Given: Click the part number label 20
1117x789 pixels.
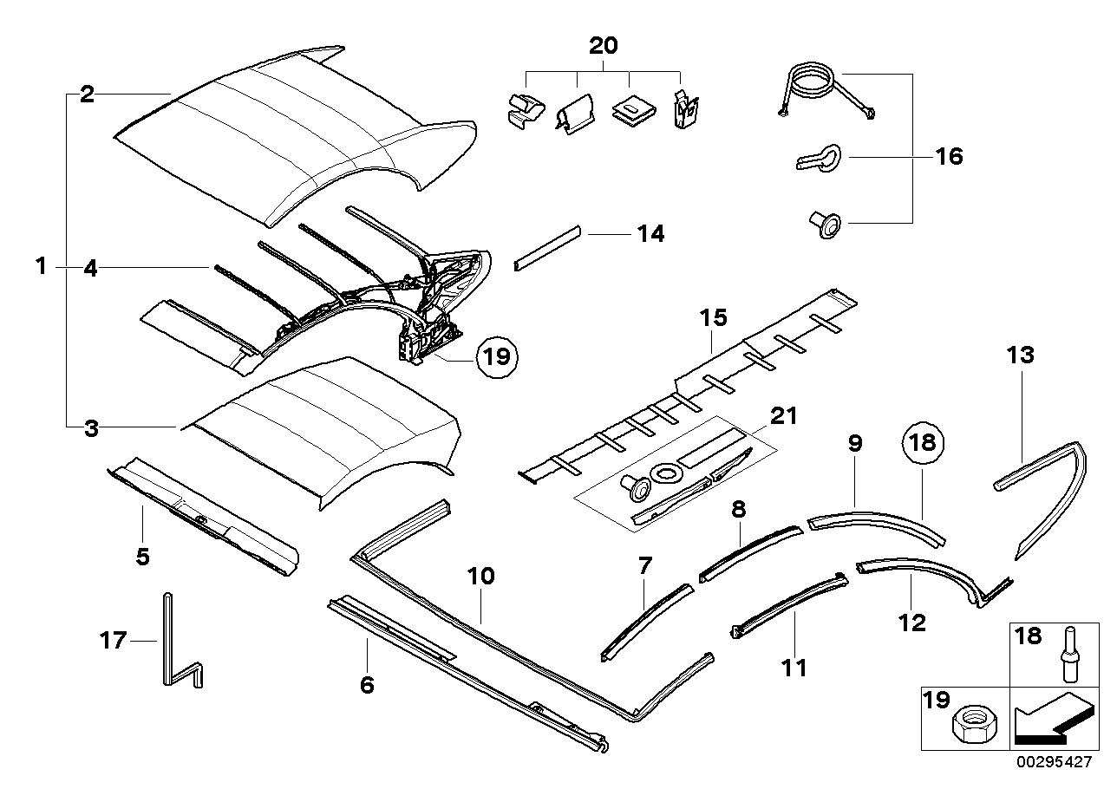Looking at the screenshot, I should pyautogui.click(x=604, y=46).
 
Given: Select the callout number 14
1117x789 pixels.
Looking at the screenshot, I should pyautogui.click(x=650, y=234).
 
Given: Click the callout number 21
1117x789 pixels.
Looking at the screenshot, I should pyautogui.click(x=783, y=416).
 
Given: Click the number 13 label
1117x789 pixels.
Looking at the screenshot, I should pyautogui.click(x=1022, y=355).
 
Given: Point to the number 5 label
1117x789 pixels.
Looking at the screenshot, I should pyautogui.click(x=142, y=556).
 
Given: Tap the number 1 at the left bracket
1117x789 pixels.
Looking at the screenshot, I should pyautogui.click(x=41, y=266).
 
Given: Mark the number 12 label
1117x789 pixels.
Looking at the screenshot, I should pyautogui.click(x=912, y=622).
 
